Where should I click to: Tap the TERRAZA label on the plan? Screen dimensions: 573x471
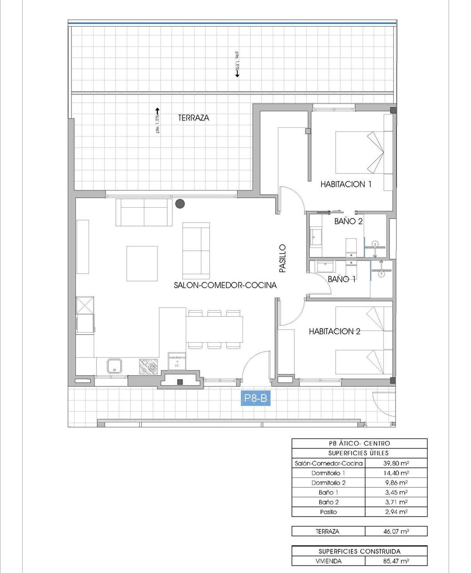[193, 117]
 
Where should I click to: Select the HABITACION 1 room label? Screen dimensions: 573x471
[346, 184]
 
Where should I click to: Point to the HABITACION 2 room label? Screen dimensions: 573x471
[334, 331]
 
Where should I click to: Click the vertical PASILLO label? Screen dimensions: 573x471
[282, 258]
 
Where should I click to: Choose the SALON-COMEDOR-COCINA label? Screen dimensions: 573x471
[225, 285]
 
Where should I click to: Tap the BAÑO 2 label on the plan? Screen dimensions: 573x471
[348, 221]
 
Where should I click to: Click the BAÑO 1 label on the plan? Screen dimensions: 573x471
[342, 279]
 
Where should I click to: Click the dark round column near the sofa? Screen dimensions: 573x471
[180, 203]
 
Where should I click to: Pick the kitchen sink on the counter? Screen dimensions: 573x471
[115, 366]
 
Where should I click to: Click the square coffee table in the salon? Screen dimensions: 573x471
[142, 263]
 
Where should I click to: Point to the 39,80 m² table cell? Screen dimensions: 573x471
[396, 463]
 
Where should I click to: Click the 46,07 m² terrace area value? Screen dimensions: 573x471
[396, 532]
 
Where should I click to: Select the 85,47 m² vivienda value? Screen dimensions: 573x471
[396, 561]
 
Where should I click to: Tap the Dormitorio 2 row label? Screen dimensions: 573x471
[328, 483]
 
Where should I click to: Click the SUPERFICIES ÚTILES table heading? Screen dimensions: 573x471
[358, 453]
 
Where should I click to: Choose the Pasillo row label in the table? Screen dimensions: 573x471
[328, 512]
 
